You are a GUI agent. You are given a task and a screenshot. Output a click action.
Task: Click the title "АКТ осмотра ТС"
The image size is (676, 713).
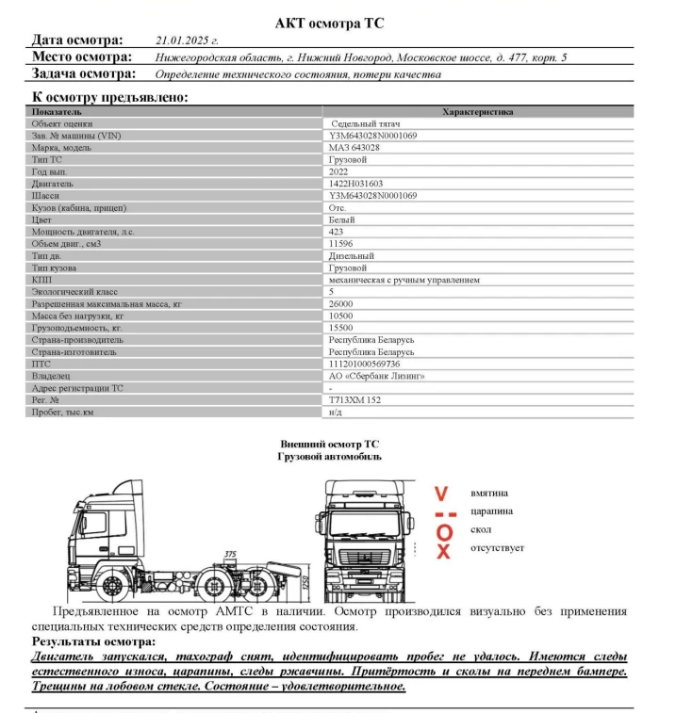[329, 22]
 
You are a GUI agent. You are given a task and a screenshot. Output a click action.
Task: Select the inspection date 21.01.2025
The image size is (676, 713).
[186, 41]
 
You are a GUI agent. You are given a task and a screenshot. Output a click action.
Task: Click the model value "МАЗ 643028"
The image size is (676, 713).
[354, 148]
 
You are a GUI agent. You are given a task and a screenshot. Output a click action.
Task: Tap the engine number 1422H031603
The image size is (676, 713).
[356, 184]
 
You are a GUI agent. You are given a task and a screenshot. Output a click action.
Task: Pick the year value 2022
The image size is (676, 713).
[338, 171]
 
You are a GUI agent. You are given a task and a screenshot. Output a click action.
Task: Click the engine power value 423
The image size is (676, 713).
[336, 232]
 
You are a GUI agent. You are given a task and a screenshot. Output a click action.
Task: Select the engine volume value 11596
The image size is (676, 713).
[340, 243]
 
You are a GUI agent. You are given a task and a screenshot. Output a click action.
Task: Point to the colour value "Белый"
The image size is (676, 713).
[341, 219]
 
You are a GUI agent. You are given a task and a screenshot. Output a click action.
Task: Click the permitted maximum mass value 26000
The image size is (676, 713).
[340, 304]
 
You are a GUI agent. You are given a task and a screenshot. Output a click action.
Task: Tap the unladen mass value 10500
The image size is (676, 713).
[340, 316]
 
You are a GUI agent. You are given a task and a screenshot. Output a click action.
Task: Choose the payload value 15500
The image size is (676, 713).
[340, 328]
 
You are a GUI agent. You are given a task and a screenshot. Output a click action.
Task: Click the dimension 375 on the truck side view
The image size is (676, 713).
[230, 554]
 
